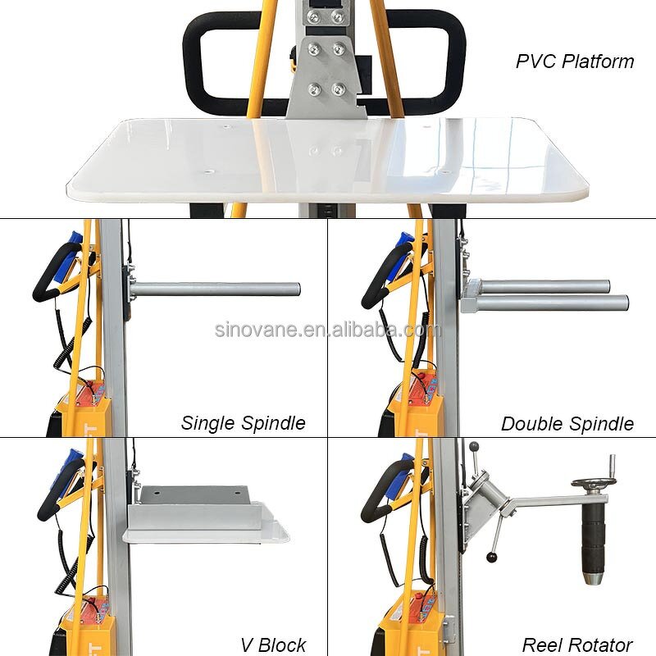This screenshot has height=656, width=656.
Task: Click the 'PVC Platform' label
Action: [x=575, y=61]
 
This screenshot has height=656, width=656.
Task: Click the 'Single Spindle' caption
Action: [x=243, y=423]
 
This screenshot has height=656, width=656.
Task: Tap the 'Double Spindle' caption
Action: [x=567, y=424]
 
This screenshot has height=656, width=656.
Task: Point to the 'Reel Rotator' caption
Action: [x=577, y=645]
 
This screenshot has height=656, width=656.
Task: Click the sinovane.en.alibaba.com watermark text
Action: [x=327, y=330]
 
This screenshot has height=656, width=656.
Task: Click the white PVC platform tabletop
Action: [x=328, y=160]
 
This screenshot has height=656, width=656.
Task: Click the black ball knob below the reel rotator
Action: [x=491, y=558]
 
